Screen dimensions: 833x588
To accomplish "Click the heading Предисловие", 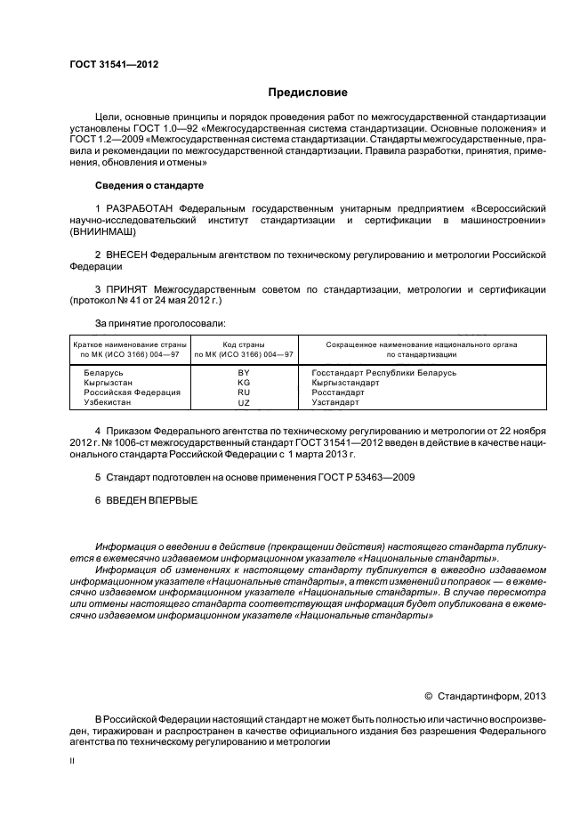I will coord(308,93).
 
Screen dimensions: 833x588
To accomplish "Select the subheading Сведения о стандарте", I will coord(149,186).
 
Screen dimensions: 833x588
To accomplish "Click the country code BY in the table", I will coord(244,372).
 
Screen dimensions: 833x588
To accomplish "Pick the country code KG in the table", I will coord(244,382).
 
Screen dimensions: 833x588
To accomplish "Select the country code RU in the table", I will coord(244,392).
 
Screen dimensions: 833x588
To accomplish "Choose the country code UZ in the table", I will coord(244,402).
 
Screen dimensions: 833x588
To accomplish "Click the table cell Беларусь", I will coord(103,372).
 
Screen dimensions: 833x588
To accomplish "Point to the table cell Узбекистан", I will coord(108,402).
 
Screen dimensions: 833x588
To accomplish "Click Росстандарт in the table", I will coord(338,392).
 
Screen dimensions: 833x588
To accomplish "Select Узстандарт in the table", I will coord(335,402).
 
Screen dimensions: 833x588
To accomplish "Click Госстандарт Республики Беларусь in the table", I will coord(383,372).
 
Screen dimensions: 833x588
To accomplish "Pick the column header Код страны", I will coord(244,344).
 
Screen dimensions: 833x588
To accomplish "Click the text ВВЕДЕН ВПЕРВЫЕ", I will coord(147,499).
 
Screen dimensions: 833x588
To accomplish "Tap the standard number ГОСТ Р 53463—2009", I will coord(365,477).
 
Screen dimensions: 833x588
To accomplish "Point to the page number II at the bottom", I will coord(72,761).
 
